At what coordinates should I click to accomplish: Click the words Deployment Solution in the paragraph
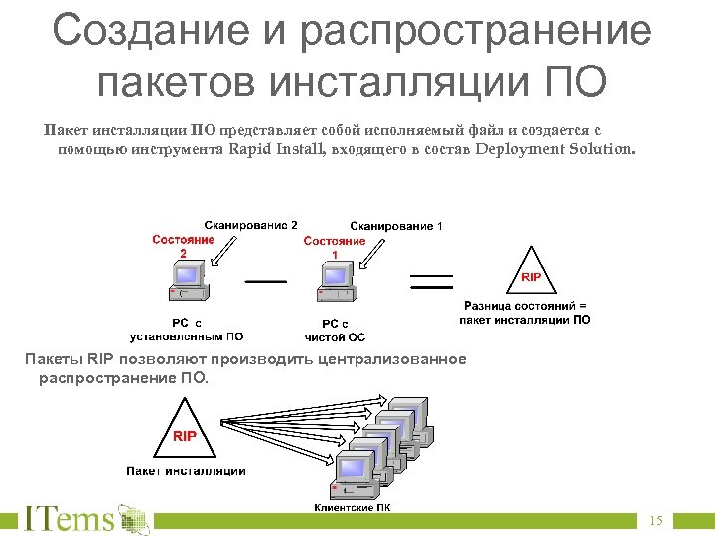click(x=552, y=150)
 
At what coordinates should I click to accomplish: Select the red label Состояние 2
click(x=184, y=246)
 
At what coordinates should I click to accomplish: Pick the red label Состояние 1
click(x=335, y=248)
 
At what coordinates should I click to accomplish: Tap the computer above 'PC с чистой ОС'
click(x=337, y=284)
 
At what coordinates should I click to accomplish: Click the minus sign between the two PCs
click(x=265, y=281)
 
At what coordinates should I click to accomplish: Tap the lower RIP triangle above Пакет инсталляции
click(x=185, y=431)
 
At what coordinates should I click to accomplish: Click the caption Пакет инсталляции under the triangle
click(x=186, y=470)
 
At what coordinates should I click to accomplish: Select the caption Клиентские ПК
click(x=352, y=507)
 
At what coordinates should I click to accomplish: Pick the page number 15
click(x=655, y=521)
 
